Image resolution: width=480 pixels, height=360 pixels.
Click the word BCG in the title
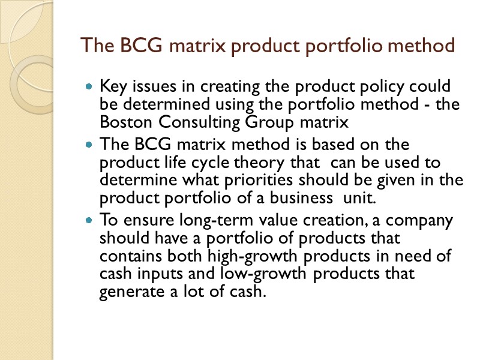pyautogui.click(x=128, y=46)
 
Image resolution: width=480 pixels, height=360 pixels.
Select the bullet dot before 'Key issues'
pyautogui.click(x=89, y=87)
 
